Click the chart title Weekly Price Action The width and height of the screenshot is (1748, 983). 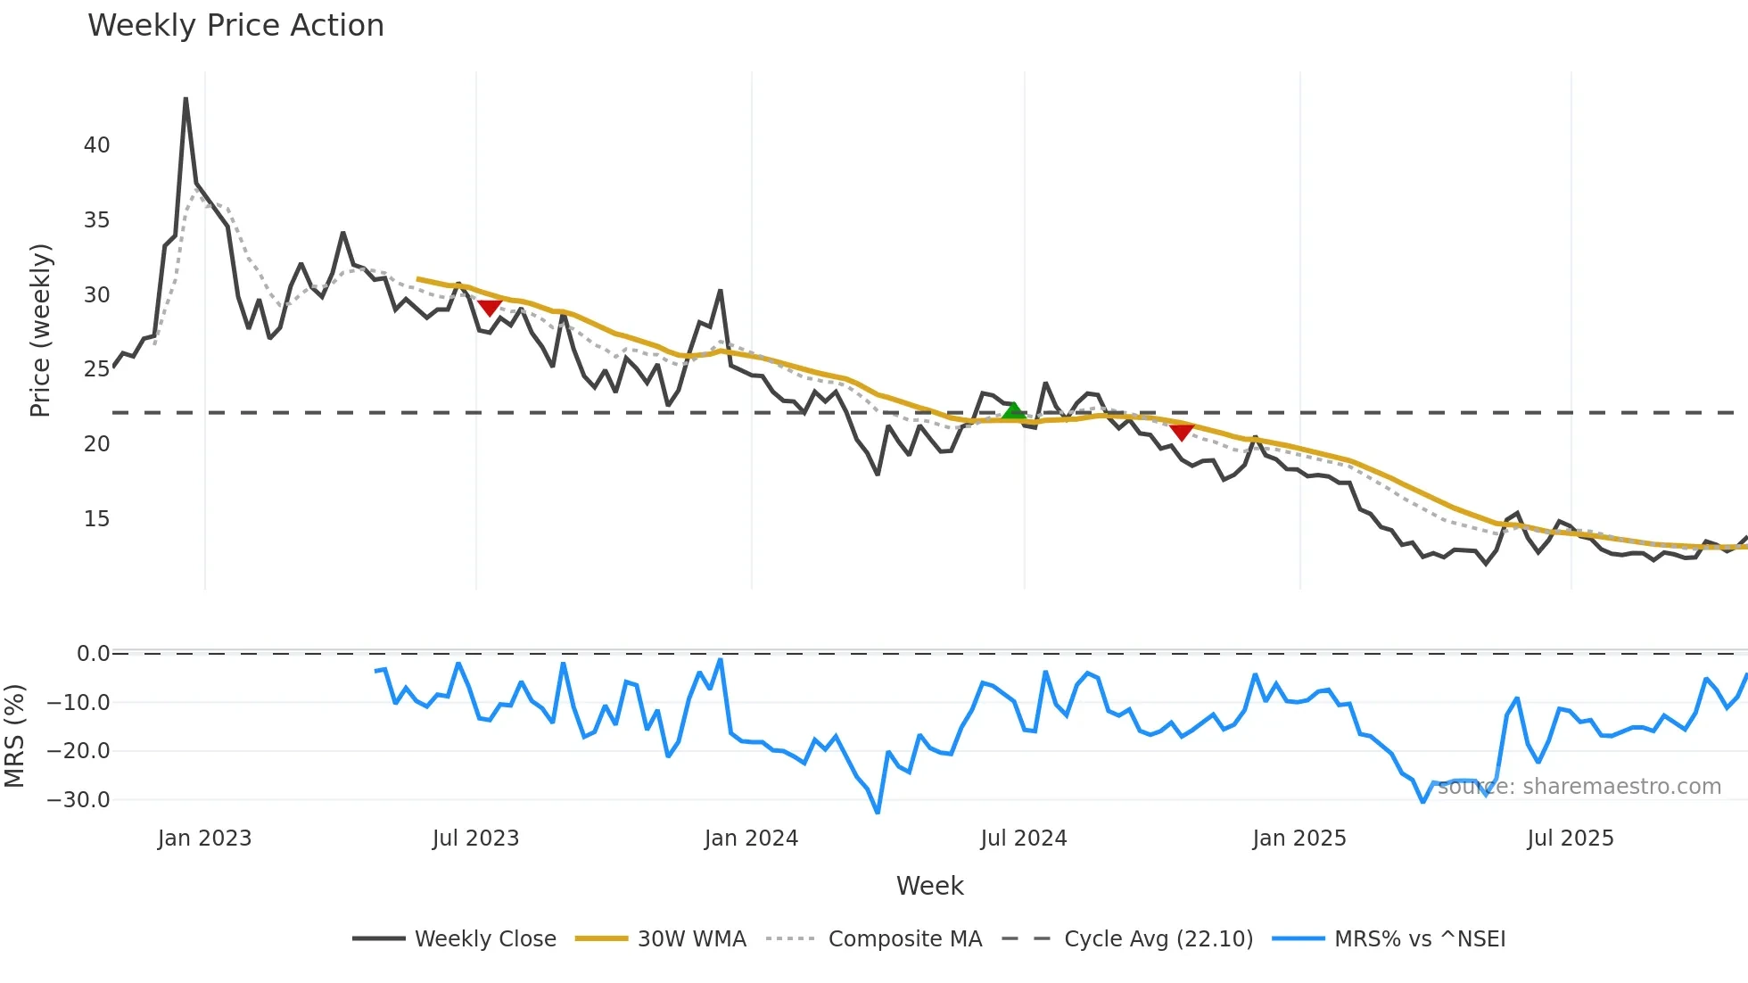coord(235,26)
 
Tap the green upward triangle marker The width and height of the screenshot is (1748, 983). coord(1013,411)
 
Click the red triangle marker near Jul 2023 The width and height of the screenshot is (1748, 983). coord(490,308)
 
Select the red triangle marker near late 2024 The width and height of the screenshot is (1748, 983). coord(1182,433)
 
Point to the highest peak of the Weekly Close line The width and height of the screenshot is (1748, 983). coord(186,99)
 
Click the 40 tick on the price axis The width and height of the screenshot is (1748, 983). coord(97,145)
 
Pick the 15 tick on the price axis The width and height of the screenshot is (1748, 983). coord(97,519)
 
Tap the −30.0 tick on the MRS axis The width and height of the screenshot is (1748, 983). coord(78,800)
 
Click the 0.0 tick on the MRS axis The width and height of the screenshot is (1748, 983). coord(93,654)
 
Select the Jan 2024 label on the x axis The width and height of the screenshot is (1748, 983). coord(751,838)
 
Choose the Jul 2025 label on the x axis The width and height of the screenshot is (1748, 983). coord(1571,838)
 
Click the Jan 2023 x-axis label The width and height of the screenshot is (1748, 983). coord(205,838)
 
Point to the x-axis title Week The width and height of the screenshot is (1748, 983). coord(929,886)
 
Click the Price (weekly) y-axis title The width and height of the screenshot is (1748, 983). coord(41,330)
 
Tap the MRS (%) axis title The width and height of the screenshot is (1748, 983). coord(14,736)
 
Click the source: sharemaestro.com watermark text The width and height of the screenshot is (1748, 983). coord(1579,787)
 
